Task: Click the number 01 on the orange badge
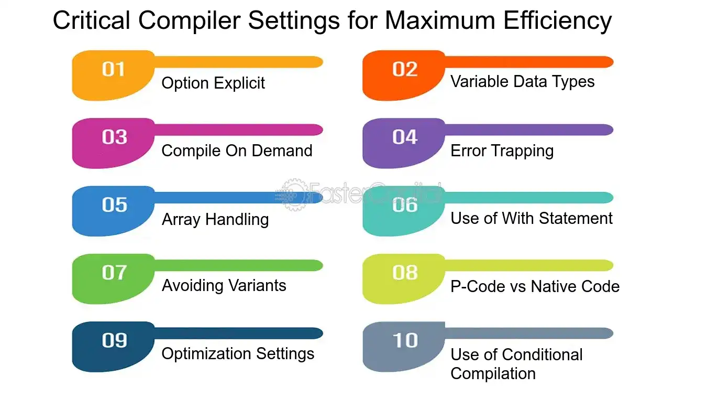113,69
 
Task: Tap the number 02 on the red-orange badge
405,69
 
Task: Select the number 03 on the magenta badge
114,137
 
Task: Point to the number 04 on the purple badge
405,137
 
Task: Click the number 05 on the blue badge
114,205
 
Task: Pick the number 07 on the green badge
114,273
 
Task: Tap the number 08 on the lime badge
405,273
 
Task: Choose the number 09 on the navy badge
114,340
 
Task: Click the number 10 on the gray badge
405,340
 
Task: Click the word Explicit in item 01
239,83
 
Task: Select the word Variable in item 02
479,82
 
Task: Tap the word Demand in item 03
282,150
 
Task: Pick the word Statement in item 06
576,219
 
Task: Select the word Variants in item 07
257,285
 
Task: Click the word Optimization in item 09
206,354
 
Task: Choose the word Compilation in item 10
493,374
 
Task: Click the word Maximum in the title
440,20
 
